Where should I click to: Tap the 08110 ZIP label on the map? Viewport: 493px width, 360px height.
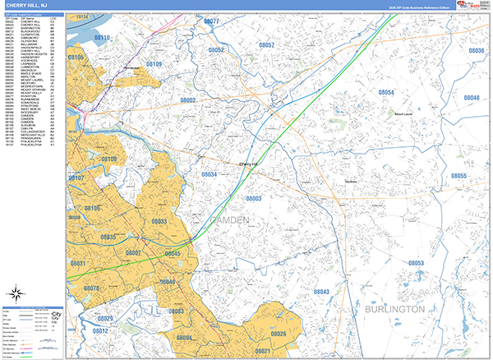(x=102, y=38)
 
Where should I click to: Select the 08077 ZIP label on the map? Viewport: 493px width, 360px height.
(x=211, y=21)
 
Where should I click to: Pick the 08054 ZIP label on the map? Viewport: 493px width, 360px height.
(x=386, y=92)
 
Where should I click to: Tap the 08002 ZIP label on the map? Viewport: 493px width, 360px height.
(x=188, y=100)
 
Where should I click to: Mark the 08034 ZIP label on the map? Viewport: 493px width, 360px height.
(x=210, y=175)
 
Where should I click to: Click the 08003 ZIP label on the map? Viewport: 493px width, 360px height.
(x=253, y=199)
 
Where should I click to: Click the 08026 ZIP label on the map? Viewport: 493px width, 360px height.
(x=279, y=334)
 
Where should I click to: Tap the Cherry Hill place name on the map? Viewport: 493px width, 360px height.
(x=248, y=164)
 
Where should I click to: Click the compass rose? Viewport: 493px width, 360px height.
(x=16, y=294)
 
